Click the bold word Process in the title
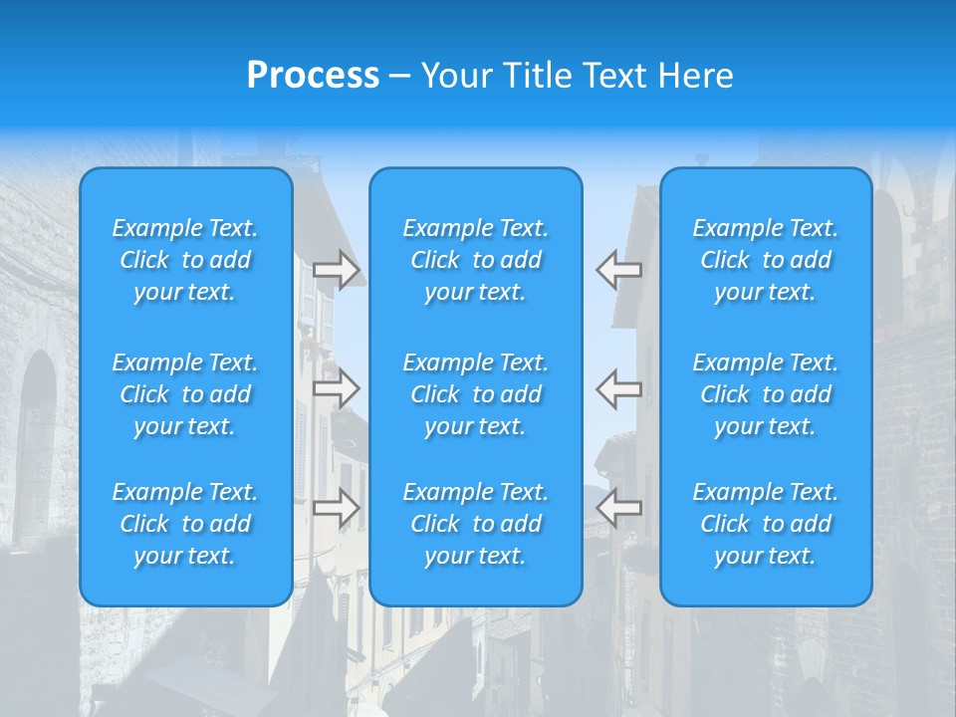(313, 75)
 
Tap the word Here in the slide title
(693, 75)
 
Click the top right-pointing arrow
(337, 270)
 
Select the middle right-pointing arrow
(337, 388)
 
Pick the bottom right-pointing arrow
(337, 508)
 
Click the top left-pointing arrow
(619, 270)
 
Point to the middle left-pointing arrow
(619, 388)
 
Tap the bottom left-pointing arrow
(619, 508)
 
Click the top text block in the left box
(185, 260)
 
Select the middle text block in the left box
(185, 394)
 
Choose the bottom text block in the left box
(185, 524)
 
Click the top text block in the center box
(476, 260)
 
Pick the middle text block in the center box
(476, 394)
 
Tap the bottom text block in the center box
(476, 524)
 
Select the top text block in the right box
(766, 260)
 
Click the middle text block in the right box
(766, 394)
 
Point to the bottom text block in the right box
(766, 524)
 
